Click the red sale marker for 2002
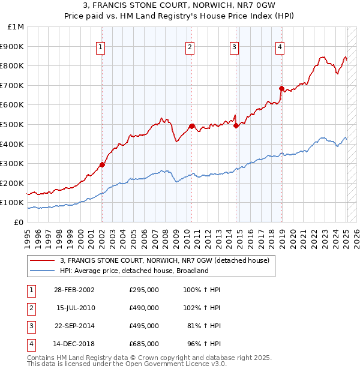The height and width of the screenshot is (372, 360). (x=102, y=164)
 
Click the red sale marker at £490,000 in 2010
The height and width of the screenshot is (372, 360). (x=192, y=126)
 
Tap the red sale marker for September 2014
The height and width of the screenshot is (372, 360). (x=236, y=125)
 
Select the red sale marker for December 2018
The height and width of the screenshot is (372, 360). (x=281, y=88)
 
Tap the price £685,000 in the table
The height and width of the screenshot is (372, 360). (x=144, y=344)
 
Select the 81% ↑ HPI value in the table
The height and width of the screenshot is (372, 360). (x=204, y=326)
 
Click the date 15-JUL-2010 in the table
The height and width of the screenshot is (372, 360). (x=76, y=308)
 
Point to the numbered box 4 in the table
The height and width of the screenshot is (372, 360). (x=31, y=344)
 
